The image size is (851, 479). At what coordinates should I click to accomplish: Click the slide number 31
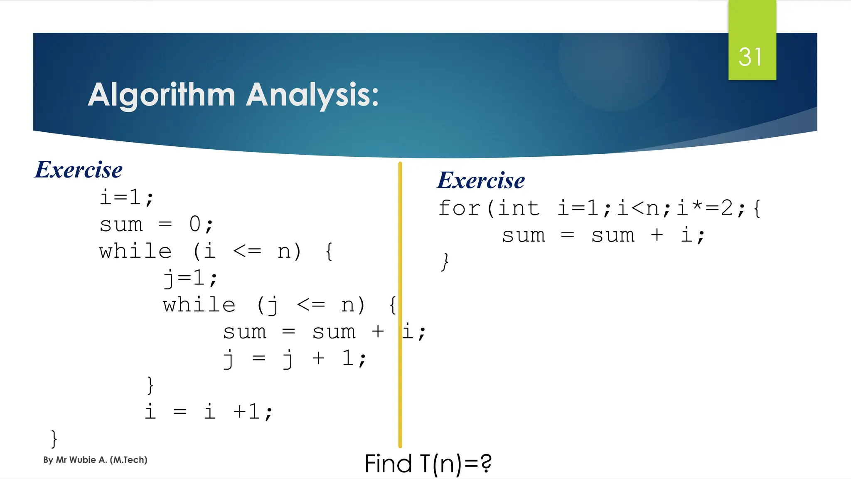[750, 57]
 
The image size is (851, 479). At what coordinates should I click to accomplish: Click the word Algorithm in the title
[162, 95]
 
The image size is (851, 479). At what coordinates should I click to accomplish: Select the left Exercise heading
[79, 170]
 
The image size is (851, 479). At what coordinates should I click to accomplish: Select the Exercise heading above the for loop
[481, 181]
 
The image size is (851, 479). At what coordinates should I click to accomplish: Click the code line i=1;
[126, 197]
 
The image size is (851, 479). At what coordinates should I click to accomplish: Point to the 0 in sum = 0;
[195, 225]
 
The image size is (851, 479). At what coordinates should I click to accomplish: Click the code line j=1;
[190, 278]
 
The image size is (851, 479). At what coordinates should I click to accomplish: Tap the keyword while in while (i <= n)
[135, 251]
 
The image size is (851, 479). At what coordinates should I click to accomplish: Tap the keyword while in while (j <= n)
[199, 305]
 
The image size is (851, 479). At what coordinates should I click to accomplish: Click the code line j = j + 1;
[294, 358]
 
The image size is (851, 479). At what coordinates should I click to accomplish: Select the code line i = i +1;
[208, 412]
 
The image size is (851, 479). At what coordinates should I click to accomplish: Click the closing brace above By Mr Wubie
[54, 439]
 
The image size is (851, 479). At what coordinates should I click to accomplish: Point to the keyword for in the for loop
[459, 208]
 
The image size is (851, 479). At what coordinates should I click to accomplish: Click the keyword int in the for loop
[519, 208]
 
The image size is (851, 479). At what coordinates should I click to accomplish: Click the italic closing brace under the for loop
[445, 262]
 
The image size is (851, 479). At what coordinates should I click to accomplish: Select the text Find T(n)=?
[428, 464]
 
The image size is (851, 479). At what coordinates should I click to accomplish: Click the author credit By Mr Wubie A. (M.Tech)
[95, 460]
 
